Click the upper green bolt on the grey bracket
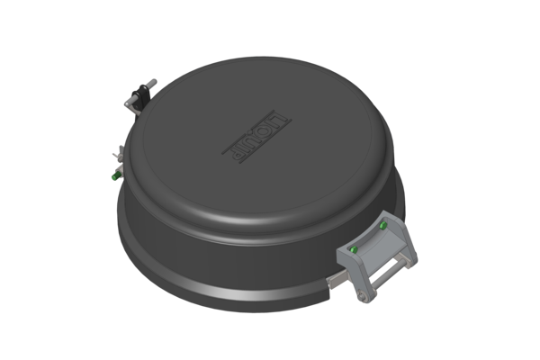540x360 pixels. coord(382,225)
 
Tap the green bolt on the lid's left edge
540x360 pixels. coord(112,176)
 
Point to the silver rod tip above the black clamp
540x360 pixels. coord(150,84)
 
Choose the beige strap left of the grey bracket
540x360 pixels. coord(331,286)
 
